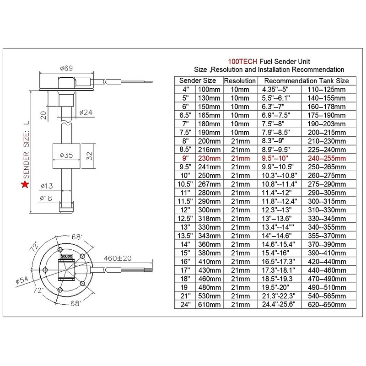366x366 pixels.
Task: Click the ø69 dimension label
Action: tap(65, 69)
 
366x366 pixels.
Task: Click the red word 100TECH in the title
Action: tap(242, 61)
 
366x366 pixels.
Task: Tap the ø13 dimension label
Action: tap(47, 186)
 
